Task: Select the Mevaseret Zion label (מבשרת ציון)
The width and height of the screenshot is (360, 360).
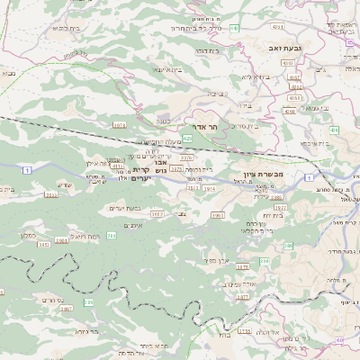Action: point(263,175)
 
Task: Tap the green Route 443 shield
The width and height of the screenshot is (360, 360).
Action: point(234,29)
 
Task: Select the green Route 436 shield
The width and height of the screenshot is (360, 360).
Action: point(334,130)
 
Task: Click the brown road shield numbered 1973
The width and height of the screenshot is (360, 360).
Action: point(120,125)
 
